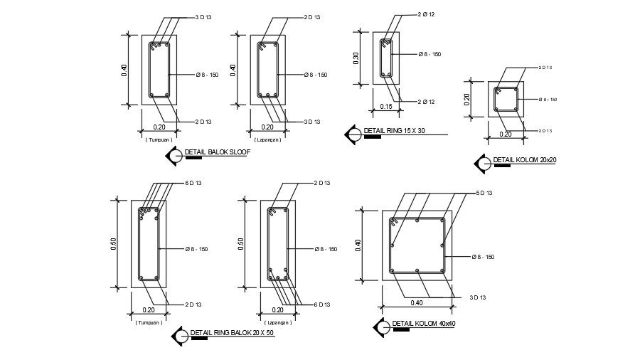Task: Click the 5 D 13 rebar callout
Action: [x=484, y=193]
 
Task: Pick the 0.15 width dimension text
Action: [x=385, y=106]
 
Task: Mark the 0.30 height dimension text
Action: [x=356, y=58]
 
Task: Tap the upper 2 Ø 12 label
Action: [x=426, y=15]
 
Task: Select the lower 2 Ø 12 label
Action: [x=426, y=102]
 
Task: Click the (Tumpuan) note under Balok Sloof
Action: [x=158, y=139]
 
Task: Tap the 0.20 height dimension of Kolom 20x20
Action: [x=467, y=99]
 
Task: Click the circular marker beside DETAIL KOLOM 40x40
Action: [x=382, y=326]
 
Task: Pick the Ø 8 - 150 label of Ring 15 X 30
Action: [x=429, y=54]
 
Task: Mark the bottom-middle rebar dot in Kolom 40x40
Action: [x=417, y=271]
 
